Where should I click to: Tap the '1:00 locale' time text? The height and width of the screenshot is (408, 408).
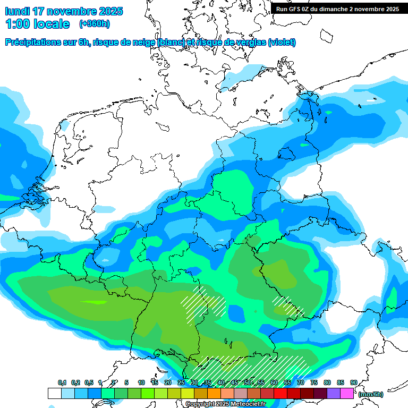pyautogui.click(x=37, y=24)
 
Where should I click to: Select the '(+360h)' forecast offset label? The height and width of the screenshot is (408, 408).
pyautogui.click(x=95, y=24)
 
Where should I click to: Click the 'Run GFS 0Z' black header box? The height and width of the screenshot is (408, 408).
pyautogui.click(x=337, y=8)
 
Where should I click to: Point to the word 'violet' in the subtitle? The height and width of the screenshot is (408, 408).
pyautogui.click(x=282, y=42)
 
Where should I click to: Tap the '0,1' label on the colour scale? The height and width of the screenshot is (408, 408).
pyautogui.click(x=62, y=383)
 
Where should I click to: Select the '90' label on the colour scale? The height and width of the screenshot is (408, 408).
pyautogui.click(x=353, y=383)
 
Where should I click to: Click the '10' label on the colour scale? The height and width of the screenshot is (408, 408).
pyautogui.click(x=141, y=383)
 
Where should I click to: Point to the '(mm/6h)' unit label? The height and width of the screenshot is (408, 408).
pyautogui.click(x=370, y=394)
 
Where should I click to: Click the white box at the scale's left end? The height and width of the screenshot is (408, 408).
pyautogui.click(x=54, y=393)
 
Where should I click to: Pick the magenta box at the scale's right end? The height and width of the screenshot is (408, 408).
pyautogui.click(x=347, y=393)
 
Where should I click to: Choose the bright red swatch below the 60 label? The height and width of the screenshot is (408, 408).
pyautogui.click(x=280, y=393)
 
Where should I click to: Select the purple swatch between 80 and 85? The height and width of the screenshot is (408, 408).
pyautogui.click(x=334, y=393)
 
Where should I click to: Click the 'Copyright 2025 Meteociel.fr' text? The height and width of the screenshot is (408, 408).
pyautogui.click(x=225, y=404)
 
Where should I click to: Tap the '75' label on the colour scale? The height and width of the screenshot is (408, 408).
pyautogui.click(x=314, y=383)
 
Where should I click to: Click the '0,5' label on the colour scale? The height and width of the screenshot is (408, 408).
pyautogui.click(x=89, y=383)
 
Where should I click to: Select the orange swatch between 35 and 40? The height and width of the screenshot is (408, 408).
pyautogui.click(x=214, y=393)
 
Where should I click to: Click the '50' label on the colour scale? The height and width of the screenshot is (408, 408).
pyautogui.click(x=248, y=383)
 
